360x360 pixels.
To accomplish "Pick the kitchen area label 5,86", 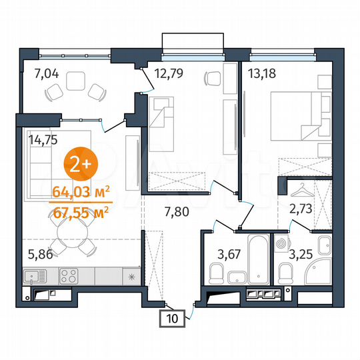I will coord(41,254).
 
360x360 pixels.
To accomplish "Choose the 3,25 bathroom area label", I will coord(301,253).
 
